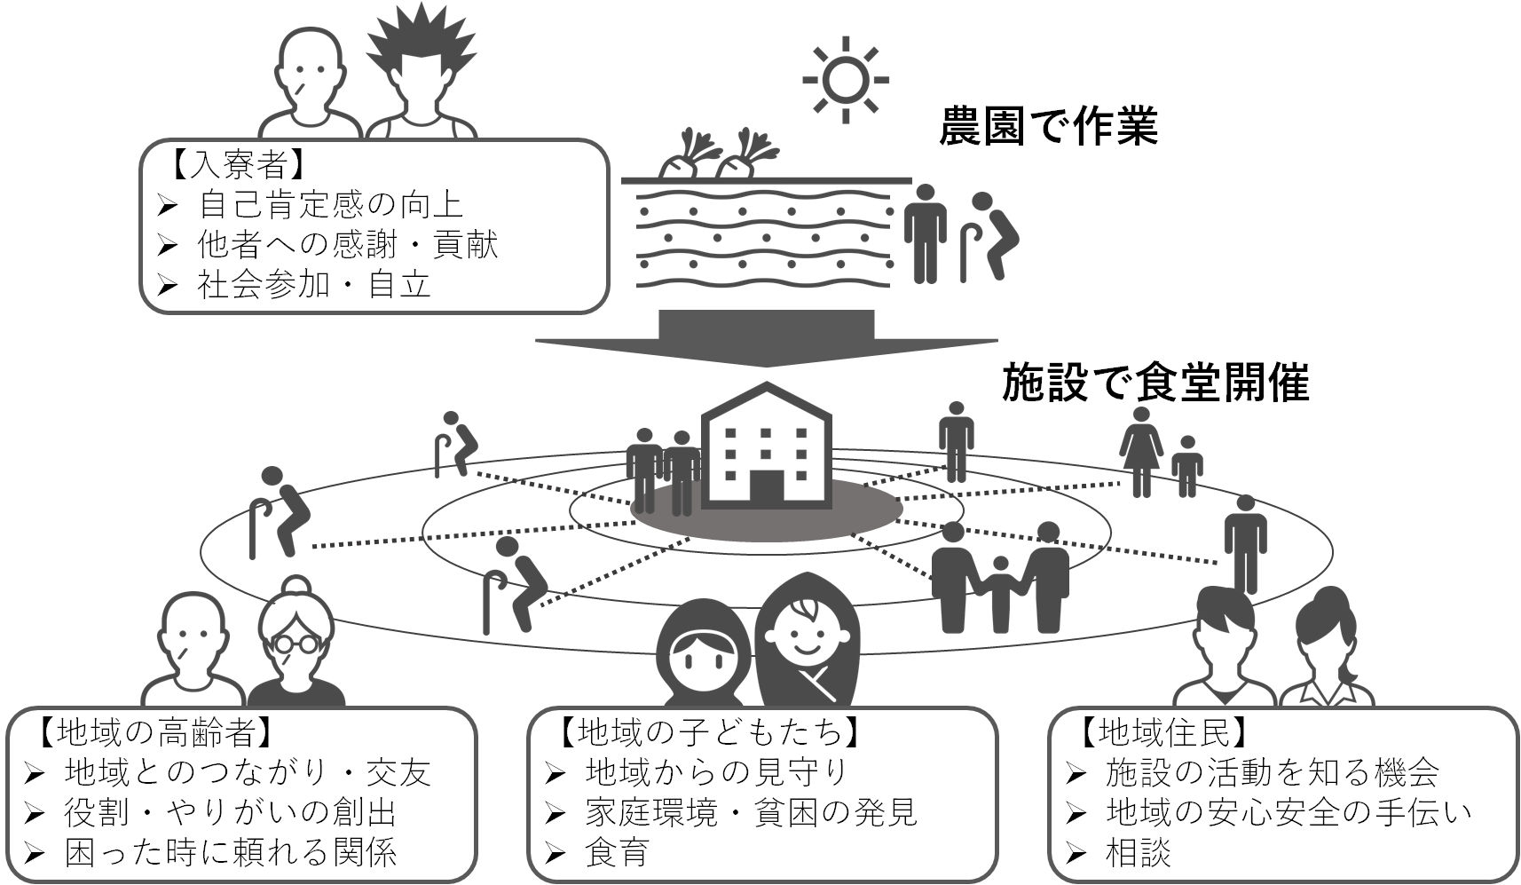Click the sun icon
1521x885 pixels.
(x=845, y=79)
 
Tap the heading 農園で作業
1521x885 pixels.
(x=1049, y=128)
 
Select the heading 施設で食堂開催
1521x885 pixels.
(x=1155, y=383)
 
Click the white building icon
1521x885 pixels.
(x=766, y=446)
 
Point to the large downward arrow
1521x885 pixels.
(x=766, y=338)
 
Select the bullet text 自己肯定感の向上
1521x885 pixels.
(x=330, y=205)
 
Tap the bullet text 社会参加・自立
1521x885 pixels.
(x=314, y=284)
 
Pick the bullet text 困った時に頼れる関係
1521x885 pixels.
(x=231, y=853)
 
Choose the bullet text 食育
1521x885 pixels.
(x=618, y=853)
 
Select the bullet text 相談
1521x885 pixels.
(x=1139, y=853)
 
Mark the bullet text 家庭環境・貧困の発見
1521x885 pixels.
(x=751, y=812)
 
